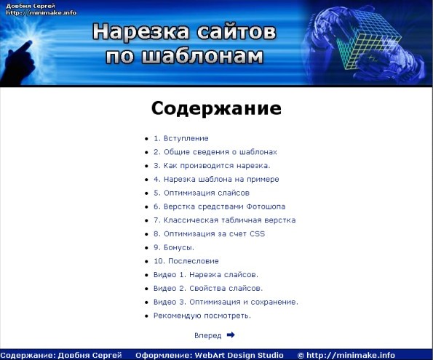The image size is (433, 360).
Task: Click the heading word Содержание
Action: (x=216, y=108)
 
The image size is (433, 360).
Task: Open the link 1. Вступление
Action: (x=181, y=138)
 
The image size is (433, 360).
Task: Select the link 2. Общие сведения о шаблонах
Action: (x=215, y=152)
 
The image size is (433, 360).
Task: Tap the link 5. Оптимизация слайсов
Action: (x=202, y=193)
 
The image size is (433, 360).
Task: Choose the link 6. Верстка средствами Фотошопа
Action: (x=219, y=207)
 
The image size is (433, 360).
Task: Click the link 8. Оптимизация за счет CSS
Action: (x=209, y=234)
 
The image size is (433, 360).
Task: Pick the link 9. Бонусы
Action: (x=174, y=247)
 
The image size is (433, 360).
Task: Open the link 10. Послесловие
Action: (x=186, y=261)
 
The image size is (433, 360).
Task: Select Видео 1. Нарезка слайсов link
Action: (x=206, y=275)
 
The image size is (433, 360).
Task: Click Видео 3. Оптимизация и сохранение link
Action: (x=226, y=302)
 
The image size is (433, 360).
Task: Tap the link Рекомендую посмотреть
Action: (x=202, y=316)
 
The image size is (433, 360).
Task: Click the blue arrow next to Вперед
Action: (x=231, y=335)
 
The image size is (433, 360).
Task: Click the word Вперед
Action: (x=207, y=335)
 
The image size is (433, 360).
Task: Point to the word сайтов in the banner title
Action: (x=237, y=31)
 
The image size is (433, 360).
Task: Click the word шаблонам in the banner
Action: (x=202, y=56)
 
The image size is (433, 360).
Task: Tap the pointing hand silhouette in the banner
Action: (x=18, y=64)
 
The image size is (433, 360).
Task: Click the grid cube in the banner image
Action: (x=368, y=39)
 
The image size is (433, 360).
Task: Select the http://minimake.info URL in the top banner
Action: (x=41, y=12)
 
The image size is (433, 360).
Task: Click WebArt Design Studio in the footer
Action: (x=239, y=355)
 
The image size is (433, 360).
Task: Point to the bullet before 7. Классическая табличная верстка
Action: (x=146, y=220)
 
